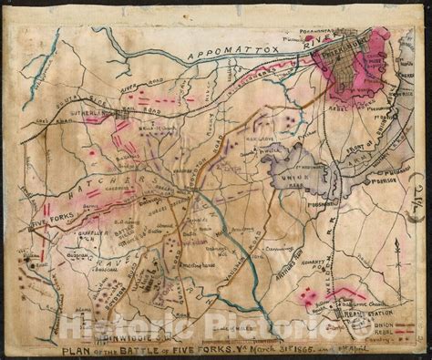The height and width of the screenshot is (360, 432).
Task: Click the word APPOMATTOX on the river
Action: coord(224,57)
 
